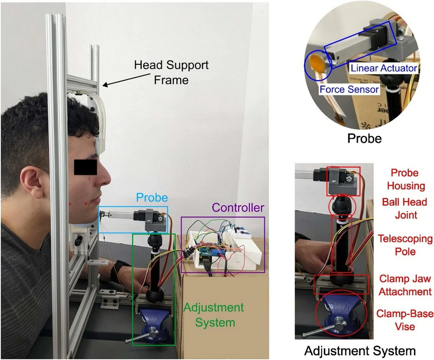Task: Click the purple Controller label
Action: tap(238, 208)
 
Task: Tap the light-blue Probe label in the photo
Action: tap(152, 197)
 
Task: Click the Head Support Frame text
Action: tap(171, 72)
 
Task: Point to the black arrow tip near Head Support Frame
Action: tap(103, 86)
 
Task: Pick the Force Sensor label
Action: tap(348, 89)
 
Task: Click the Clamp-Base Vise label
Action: tap(400, 320)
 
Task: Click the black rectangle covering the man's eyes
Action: tap(85, 167)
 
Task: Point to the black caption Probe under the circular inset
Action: tap(364, 138)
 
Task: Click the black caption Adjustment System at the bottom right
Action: tap(359, 351)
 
